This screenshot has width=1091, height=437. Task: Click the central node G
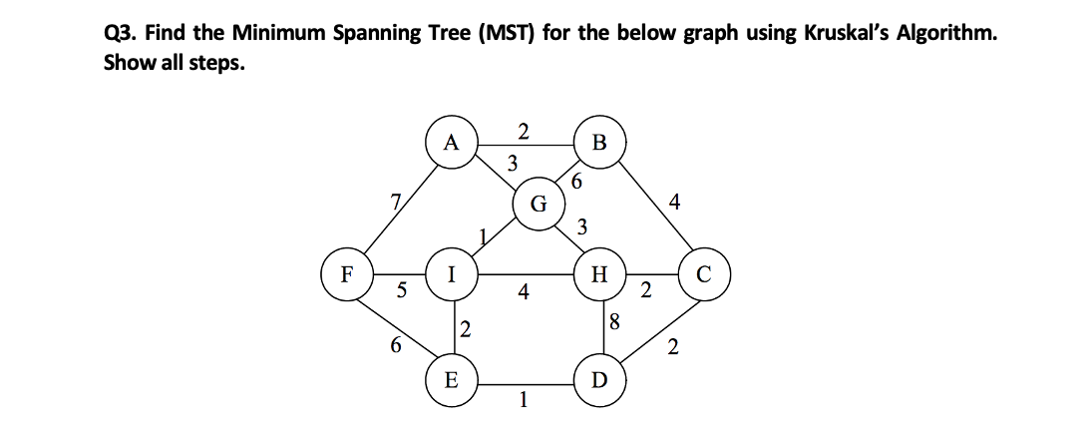pos(539,207)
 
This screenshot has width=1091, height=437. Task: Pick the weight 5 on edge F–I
pos(402,291)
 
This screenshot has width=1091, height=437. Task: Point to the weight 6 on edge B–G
pos(577,183)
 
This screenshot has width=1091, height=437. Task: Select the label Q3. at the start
pos(125,33)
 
